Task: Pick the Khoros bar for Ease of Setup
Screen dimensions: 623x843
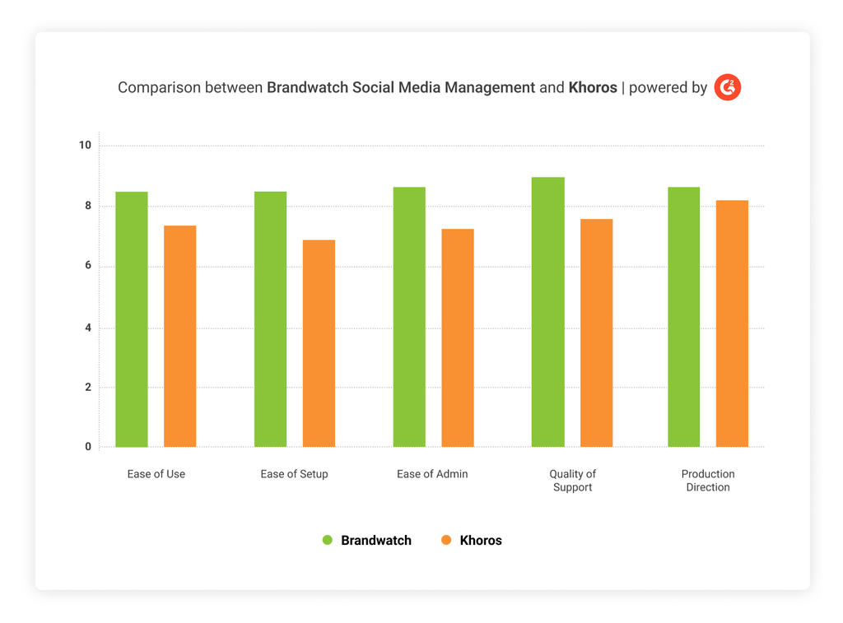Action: tap(319, 343)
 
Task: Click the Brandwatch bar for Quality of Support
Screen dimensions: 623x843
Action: tap(547, 312)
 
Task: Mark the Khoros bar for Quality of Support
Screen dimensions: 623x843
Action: tap(596, 332)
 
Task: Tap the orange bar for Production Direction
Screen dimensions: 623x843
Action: tap(732, 323)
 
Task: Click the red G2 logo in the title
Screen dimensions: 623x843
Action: tap(728, 87)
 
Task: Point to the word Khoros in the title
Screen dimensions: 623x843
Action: tap(593, 87)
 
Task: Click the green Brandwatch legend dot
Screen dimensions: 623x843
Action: tap(327, 541)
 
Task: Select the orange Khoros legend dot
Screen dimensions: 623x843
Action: tap(446, 541)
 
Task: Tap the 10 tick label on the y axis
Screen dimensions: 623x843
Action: tap(85, 146)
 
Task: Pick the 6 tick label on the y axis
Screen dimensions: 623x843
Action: tap(86, 267)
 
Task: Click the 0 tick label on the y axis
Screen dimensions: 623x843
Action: tap(87, 447)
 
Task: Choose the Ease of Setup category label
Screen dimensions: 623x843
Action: tap(294, 474)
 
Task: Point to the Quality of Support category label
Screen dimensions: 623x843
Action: tap(572, 481)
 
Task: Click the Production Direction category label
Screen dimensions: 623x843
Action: tap(708, 481)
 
